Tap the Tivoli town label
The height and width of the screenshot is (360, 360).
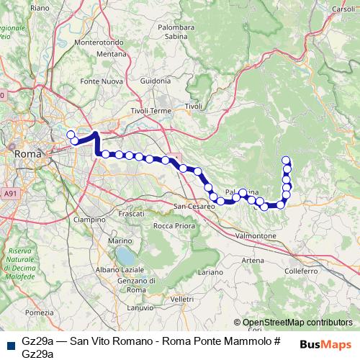[x=194, y=107]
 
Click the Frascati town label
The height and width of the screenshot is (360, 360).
[x=131, y=215]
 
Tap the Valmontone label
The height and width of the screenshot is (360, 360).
[x=256, y=235]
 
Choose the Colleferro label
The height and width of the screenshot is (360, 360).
[x=301, y=271]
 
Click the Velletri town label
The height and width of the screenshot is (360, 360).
[x=182, y=298]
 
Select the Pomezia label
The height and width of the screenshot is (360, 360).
[x=39, y=312]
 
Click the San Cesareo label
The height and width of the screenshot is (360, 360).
[x=196, y=206]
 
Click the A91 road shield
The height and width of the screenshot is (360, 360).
[x=9, y=194]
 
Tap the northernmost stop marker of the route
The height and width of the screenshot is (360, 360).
[x=286, y=161]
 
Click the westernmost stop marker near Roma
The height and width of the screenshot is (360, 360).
[x=71, y=134]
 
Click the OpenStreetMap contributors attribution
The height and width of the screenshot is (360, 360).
[x=297, y=323]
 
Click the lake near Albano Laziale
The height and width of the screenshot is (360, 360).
[x=127, y=255]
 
